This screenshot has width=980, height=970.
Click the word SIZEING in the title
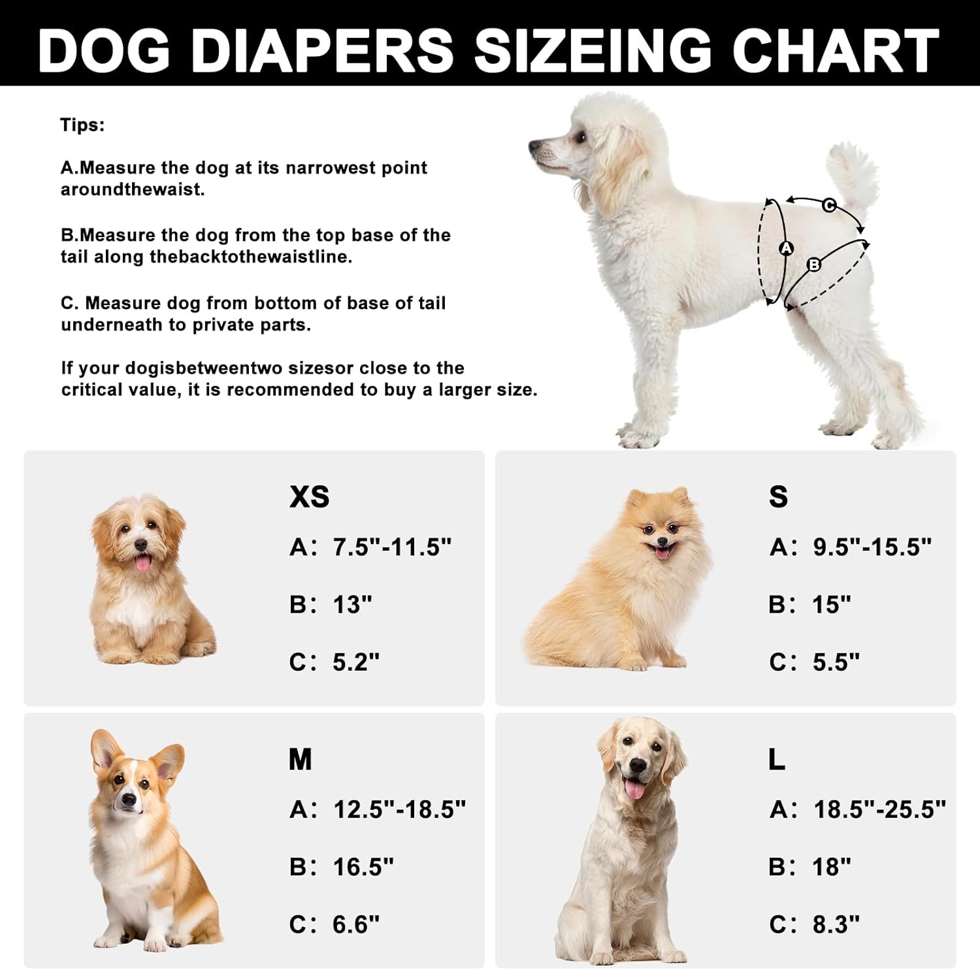click(x=592, y=50)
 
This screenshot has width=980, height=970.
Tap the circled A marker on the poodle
click(x=786, y=248)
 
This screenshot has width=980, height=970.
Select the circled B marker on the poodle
click(x=814, y=265)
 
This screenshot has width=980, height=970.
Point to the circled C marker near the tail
click(x=828, y=205)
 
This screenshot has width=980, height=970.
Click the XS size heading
click(x=309, y=497)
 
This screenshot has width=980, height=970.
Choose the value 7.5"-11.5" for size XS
click(x=392, y=547)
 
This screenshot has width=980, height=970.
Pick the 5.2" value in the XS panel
click(x=356, y=662)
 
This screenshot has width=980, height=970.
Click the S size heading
click(x=778, y=497)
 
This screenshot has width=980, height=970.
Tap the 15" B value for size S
click(x=832, y=605)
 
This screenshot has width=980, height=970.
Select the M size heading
click(x=301, y=760)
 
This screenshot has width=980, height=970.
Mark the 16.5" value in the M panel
click(x=363, y=867)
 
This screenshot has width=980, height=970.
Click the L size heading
click(x=777, y=760)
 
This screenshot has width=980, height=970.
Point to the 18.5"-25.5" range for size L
click(x=879, y=810)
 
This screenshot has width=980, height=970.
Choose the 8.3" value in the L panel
click(x=836, y=925)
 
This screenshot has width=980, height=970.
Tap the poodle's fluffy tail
click(x=853, y=173)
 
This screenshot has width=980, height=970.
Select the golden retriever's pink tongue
click(x=634, y=790)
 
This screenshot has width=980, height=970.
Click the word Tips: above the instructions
click(x=82, y=125)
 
